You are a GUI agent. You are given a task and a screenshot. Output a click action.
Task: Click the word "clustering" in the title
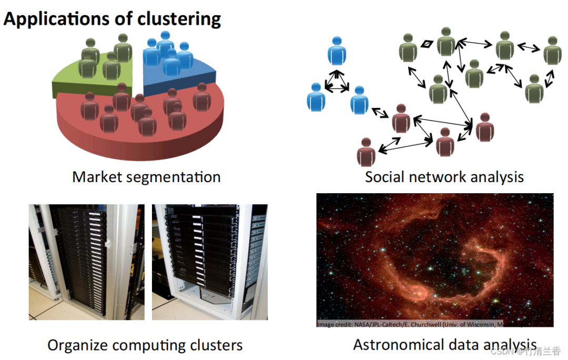coord(179,19)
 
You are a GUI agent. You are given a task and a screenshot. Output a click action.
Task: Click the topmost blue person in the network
coord(337,51)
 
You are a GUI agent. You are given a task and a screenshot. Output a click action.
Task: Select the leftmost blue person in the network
coord(316,97)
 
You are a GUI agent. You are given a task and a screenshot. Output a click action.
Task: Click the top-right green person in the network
coord(552,51)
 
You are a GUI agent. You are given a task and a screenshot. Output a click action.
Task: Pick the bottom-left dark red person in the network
coord(366,153)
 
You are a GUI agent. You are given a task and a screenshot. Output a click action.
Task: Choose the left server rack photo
coord(86,262)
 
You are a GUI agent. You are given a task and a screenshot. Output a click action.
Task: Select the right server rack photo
coord(209,262)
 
